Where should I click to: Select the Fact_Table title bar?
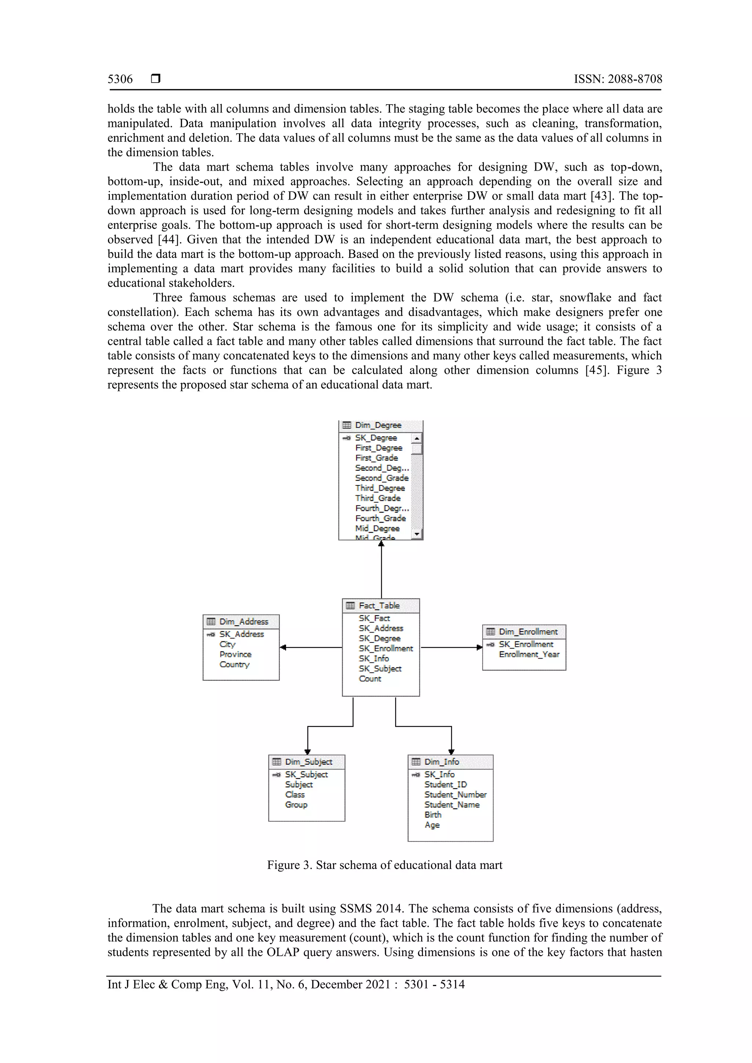pyautogui.click(x=379, y=605)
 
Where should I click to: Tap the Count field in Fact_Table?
pyautogui.click(x=370, y=679)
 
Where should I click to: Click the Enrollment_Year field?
pyautogui.click(x=529, y=654)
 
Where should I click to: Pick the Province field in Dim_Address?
pyautogui.click(x=235, y=654)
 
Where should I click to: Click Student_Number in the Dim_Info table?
pyautogui.click(x=455, y=794)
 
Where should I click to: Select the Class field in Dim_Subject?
pyautogui.click(x=295, y=794)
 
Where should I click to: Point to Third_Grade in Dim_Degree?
pyautogui.click(x=377, y=498)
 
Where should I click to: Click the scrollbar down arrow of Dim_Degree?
pyautogui.click(x=416, y=534)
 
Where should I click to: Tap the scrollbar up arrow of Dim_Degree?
pyautogui.click(x=416, y=438)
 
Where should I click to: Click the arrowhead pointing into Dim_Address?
pyautogui.click(x=283, y=647)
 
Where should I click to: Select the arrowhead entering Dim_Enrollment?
pyautogui.click(x=479, y=647)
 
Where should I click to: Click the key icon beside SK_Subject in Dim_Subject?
pyautogui.click(x=276, y=775)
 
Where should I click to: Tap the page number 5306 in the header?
pyautogui.click(x=120, y=79)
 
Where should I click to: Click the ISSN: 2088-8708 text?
pyautogui.click(x=618, y=79)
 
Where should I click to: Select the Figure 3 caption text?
pyautogui.click(x=384, y=865)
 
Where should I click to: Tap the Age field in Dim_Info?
pyautogui.click(x=432, y=824)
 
